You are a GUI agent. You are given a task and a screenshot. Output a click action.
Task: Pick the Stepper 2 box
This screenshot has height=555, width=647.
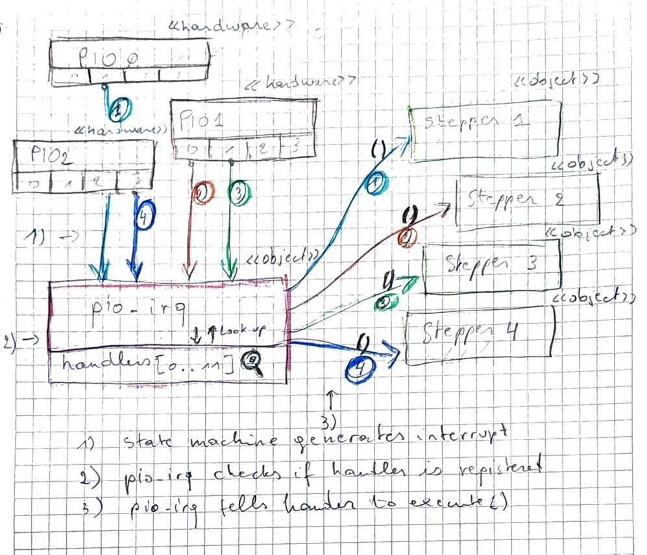(526, 202)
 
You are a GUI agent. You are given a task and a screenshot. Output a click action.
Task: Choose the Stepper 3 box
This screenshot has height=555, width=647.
(491, 265)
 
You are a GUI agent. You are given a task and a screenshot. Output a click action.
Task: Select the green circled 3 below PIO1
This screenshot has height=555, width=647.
(238, 194)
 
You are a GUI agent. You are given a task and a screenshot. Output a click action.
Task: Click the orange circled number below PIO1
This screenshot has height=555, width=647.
(202, 194)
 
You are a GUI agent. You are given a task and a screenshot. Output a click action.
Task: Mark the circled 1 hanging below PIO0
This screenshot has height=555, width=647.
(116, 112)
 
